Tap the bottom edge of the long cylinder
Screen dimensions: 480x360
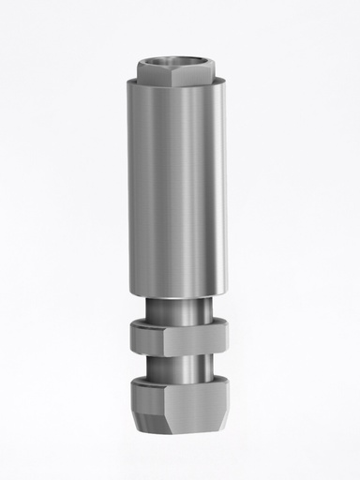[x=178, y=288]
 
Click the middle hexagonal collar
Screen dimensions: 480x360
[x=178, y=335]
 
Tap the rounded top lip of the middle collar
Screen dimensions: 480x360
[x=178, y=322]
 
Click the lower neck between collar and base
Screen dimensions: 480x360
[x=178, y=364]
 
